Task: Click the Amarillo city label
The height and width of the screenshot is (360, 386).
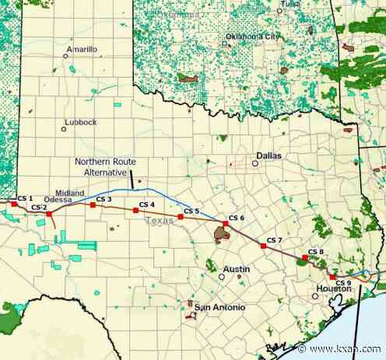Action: (82, 49)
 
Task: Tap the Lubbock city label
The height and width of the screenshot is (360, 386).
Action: (79, 121)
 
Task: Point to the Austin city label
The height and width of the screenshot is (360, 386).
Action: (237, 269)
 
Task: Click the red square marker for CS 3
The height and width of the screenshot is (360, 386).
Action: (93, 206)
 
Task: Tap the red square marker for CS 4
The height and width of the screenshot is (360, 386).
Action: (135, 211)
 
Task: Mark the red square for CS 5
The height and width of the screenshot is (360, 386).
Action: (180, 217)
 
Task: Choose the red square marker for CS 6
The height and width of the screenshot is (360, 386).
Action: (225, 224)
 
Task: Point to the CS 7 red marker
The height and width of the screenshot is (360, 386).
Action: (263, 246)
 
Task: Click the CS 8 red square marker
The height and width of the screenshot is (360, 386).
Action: (304, 257)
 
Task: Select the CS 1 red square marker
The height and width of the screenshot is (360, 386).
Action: (14, 204)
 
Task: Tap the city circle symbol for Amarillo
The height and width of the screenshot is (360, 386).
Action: (65, 55)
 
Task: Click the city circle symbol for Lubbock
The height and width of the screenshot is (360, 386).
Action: (64, 128)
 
